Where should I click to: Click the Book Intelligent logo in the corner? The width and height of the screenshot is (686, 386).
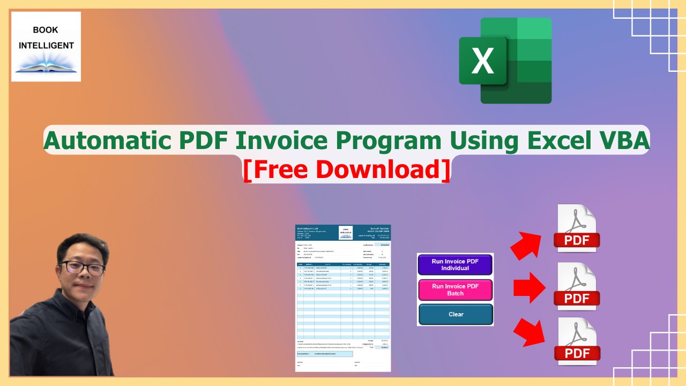pyautogui.click(x=46, y=47)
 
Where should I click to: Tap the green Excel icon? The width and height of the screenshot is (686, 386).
pyautogui.click(x=505, y=60)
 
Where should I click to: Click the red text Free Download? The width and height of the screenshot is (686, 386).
pyautogui.click(x=346, y=169)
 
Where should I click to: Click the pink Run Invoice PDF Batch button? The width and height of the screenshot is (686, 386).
pyautogui.click(x=455, y=289)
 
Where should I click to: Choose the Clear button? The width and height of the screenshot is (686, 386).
pyautogui.click(x=455, y=314)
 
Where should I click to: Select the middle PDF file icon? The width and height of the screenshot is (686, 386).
pyautogui.click(x=577, y=286)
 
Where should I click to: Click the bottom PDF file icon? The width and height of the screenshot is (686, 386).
pyautogui.click(x=577, y=342)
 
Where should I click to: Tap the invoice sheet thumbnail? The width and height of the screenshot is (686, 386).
pyautogui.click(x=343, y=298)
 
